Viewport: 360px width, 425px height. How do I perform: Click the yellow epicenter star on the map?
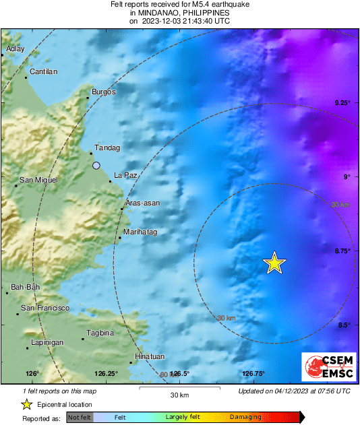tap(274, 263)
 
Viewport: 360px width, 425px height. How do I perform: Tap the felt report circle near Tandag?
tap(96, 165)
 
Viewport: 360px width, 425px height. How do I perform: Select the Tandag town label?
tap(107, 148)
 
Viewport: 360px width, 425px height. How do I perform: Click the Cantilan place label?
tap(44, 71)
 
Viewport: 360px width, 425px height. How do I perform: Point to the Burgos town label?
tap(104, 92)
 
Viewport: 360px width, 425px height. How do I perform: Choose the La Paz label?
tap(125, 175)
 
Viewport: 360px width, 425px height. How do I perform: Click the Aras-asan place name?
tap(142, 203)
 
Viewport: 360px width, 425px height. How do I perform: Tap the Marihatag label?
tap(140, 232)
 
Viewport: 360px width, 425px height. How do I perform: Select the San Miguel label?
tap(38, 180)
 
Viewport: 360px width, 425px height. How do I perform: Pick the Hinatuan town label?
tap(150, 356)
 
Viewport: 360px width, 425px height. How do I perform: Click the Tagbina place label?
tap(101, 333)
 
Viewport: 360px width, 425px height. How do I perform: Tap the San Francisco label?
tap(45, 308)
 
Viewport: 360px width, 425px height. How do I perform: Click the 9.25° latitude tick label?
tap(342, 102)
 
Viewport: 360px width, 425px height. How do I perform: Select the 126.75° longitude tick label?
tap(253, 374)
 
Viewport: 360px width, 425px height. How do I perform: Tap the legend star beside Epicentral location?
tap(26, 404)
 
